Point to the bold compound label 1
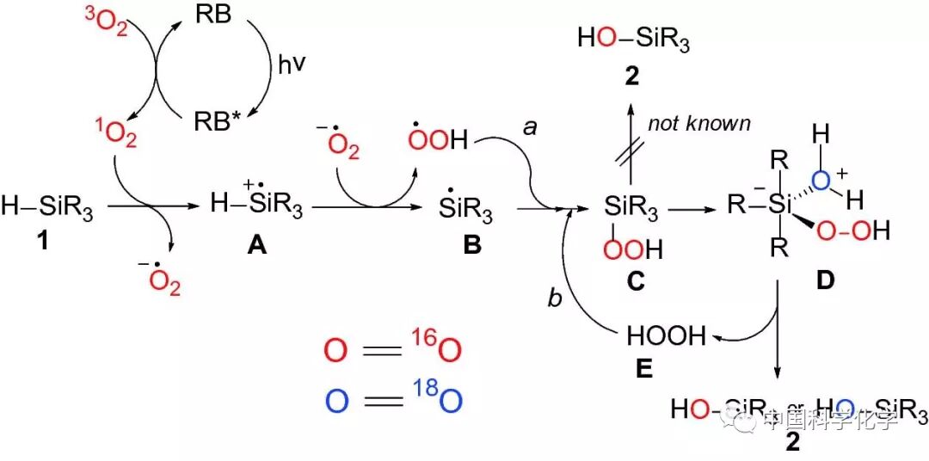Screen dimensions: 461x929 [x=42, y=243]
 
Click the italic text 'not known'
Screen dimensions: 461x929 [x=698, y=123]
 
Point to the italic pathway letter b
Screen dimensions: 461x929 [x=554, y=298]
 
